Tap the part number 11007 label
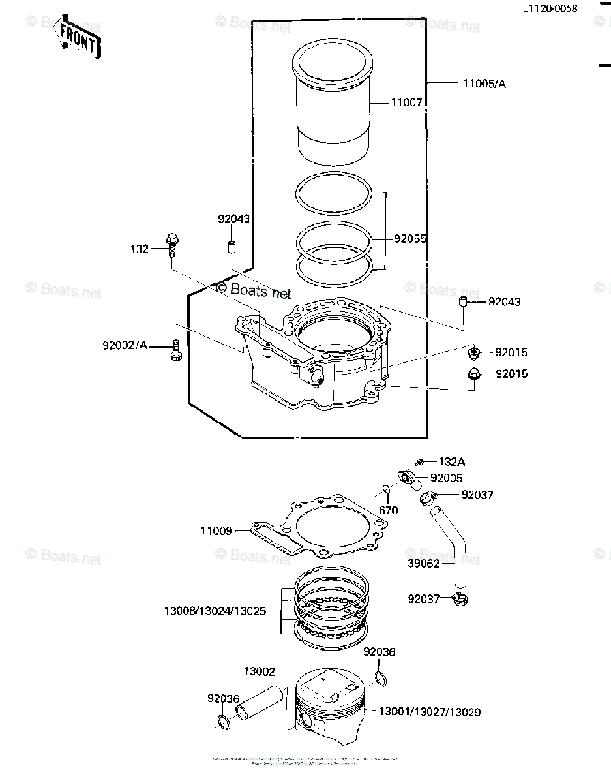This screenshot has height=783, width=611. (407, 102)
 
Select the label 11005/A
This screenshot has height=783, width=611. (484, 84)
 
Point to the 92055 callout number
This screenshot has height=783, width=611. (410, 239)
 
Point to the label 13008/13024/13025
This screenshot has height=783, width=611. (215, 612)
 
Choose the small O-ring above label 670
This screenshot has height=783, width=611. (386, 489)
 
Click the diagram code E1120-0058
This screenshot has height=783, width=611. (549, 9)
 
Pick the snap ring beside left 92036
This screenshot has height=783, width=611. (222, 721)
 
